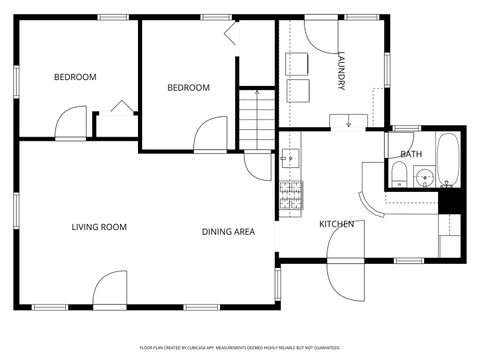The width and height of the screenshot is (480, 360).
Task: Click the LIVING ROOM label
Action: (x=99, y=227)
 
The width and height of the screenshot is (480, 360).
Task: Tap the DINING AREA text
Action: (x=228, y=232)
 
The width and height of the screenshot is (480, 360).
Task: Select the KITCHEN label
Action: (x=336, y=224)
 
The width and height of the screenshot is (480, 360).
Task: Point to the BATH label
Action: (x=410, y=154)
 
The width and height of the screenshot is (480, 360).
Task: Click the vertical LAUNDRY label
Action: (x=342, y=73)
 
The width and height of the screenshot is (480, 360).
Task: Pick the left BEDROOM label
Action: (x=75, y=77)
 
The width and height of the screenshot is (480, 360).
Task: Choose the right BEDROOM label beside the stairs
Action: (x=188, y=88)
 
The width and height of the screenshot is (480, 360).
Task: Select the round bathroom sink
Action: (x=423, y=180)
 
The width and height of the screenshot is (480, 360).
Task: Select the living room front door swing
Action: (x=110, y=290)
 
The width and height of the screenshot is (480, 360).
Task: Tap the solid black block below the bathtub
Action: (x=449, y=200)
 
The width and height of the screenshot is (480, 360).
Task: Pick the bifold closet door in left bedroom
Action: (x=122, y=107)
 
